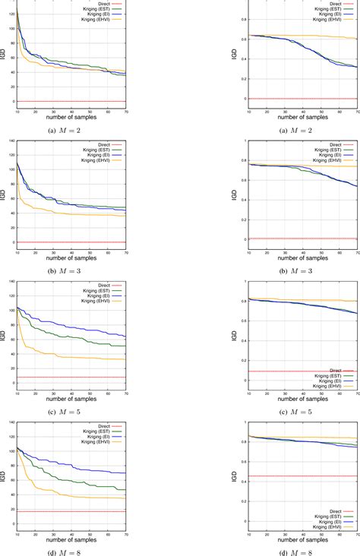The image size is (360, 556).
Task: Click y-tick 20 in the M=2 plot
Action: pyautogui.click(x=11, y=87)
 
